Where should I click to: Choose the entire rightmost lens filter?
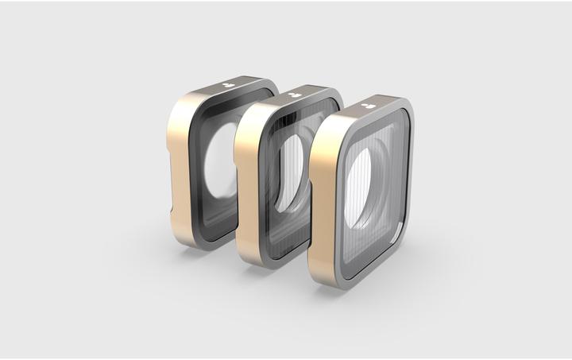[361, 191]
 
